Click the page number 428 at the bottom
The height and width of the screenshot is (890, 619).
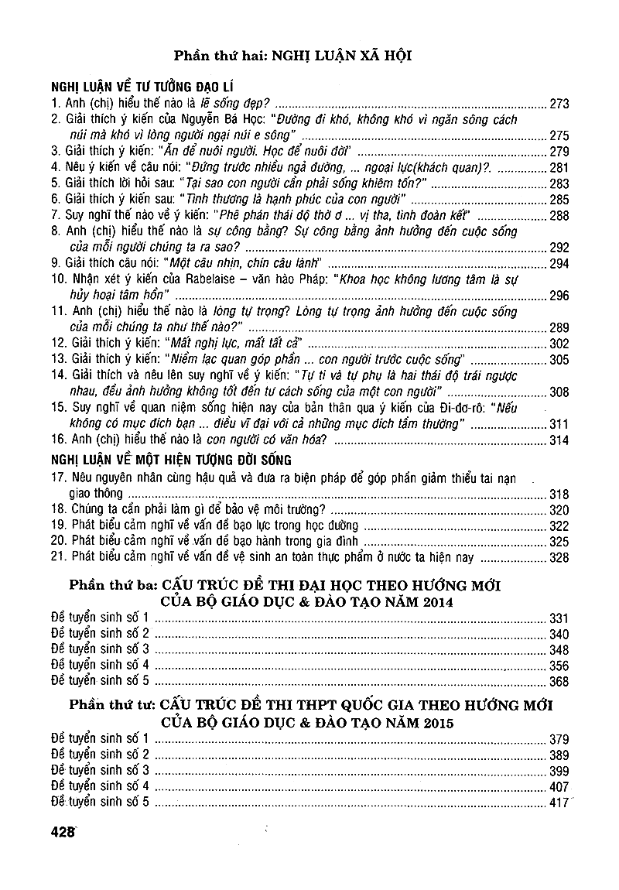coord(62,833)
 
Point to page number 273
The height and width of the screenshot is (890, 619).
coord(558,103)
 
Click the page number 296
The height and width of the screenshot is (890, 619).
coord(558,296)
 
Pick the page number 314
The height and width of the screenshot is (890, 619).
coord(558,440)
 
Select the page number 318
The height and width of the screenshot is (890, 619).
coord(558,495)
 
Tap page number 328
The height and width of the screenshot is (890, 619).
coord(558,558)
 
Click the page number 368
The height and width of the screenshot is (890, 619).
coord(558,682)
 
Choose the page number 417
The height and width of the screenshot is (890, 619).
coord(558,803)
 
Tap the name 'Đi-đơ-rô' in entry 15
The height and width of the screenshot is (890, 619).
coord(467,408)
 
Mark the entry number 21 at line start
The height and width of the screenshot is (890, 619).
coord(58,558)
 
